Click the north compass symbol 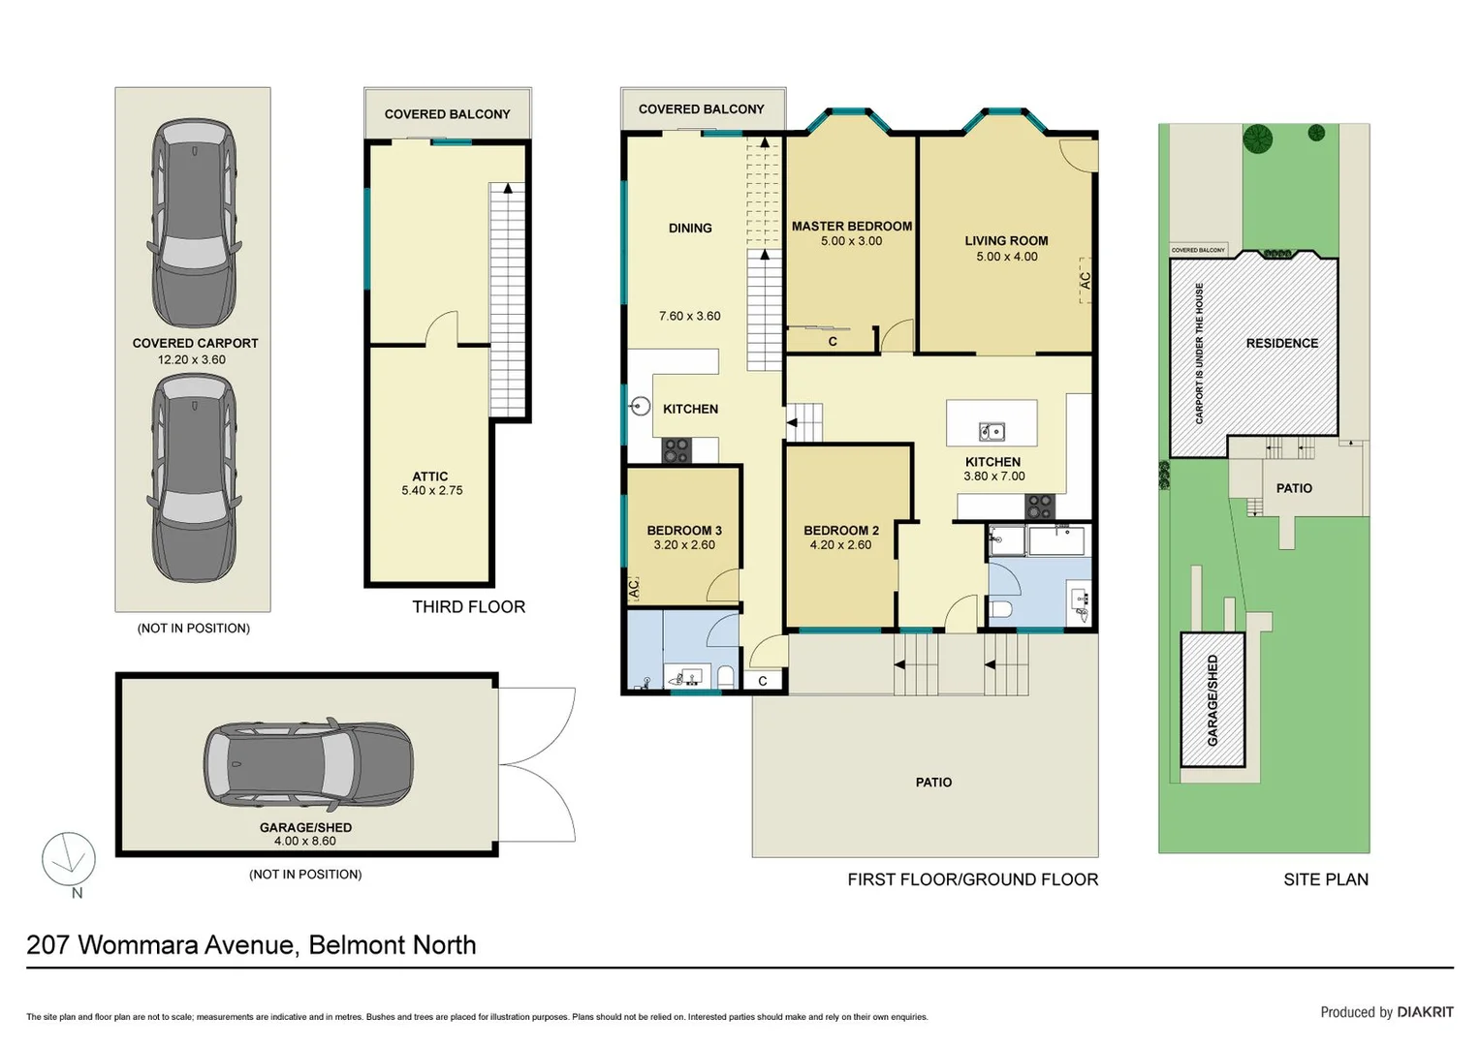pyautogui.click(x=69, y=859)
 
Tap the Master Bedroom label pyautogui.click(x=851, y=226)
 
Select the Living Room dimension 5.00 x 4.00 pyautogui.click(x=1006, y=257)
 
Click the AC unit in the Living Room pyautogui.click(x=1086, y=280)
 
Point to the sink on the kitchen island pyautogui.click(x=991, y=430)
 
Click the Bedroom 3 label pyautogui.click(x=684, y=530)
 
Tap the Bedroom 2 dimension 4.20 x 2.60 pyautogui.click(x=840, y=545)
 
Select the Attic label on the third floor pyautogui.click(x=430, y=477)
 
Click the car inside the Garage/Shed pyautogui.click(x=308, y=764)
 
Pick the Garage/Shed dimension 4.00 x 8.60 pyautogui.click(x=305, y=842)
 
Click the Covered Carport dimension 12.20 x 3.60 pyautogui.click(x=192, y=359)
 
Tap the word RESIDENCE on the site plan pyautogui.click(x=1281, y=343)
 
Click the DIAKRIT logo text pyautogui.click(x=1425, y=1012)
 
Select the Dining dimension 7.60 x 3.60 pyautogui.click(x=689, y=316)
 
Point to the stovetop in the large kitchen pyautogui.click(x=1040, y=506)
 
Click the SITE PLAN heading pyautogui.click(x=1325, y=879)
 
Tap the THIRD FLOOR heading pyautogui.click(x=468, y=606)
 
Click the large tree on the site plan pyautogui.click(x=1258, y=138)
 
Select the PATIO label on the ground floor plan pyautogui.click(x=933, y=782)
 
